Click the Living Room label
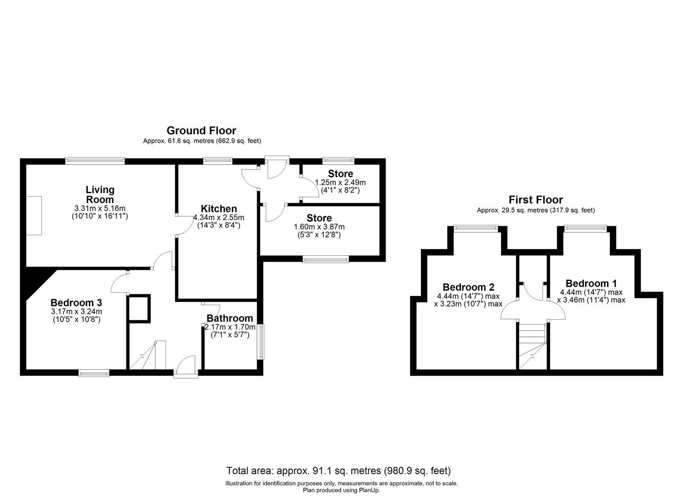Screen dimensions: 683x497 tap(100, 194)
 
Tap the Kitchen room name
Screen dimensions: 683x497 tap(218, 209)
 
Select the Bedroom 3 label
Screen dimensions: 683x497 tap(76, 303)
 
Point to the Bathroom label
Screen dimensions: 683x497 tap(230, 318)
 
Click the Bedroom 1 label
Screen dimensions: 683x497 tap(591, 283)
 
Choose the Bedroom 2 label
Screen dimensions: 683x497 tap(468, 287)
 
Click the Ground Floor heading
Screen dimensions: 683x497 tap(201, 131)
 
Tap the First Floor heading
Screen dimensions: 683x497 tap(535, 200)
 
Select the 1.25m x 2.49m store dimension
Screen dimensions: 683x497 tap(340, 182)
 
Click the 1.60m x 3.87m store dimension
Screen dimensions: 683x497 tap(319, 226)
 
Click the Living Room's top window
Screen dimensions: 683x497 tap(95, 161)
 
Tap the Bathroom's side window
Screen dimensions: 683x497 tap(261, 341)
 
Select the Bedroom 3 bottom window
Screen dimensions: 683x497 tap(94, 373)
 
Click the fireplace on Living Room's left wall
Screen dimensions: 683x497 tap(34, 215)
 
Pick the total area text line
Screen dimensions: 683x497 tap(339, 471)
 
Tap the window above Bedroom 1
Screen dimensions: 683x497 tap(585, 227)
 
